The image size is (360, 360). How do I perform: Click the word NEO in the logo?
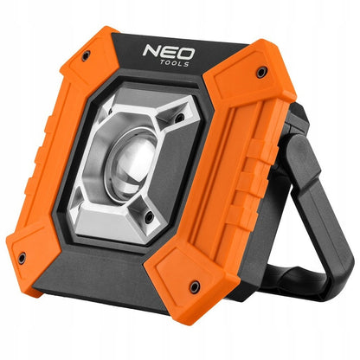tap(169, 52)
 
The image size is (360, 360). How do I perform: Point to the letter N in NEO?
tap(151, 51)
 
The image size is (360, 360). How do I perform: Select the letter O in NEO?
tap(186, 55)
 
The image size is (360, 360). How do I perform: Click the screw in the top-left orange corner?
tap(86, 55)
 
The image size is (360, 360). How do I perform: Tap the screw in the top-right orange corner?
tap(261, 72)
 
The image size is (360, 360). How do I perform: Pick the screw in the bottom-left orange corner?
tap(22, 258)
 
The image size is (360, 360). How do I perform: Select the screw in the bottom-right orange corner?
tap(195, 286)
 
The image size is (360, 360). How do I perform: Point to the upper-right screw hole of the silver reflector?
tap(179, 118)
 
